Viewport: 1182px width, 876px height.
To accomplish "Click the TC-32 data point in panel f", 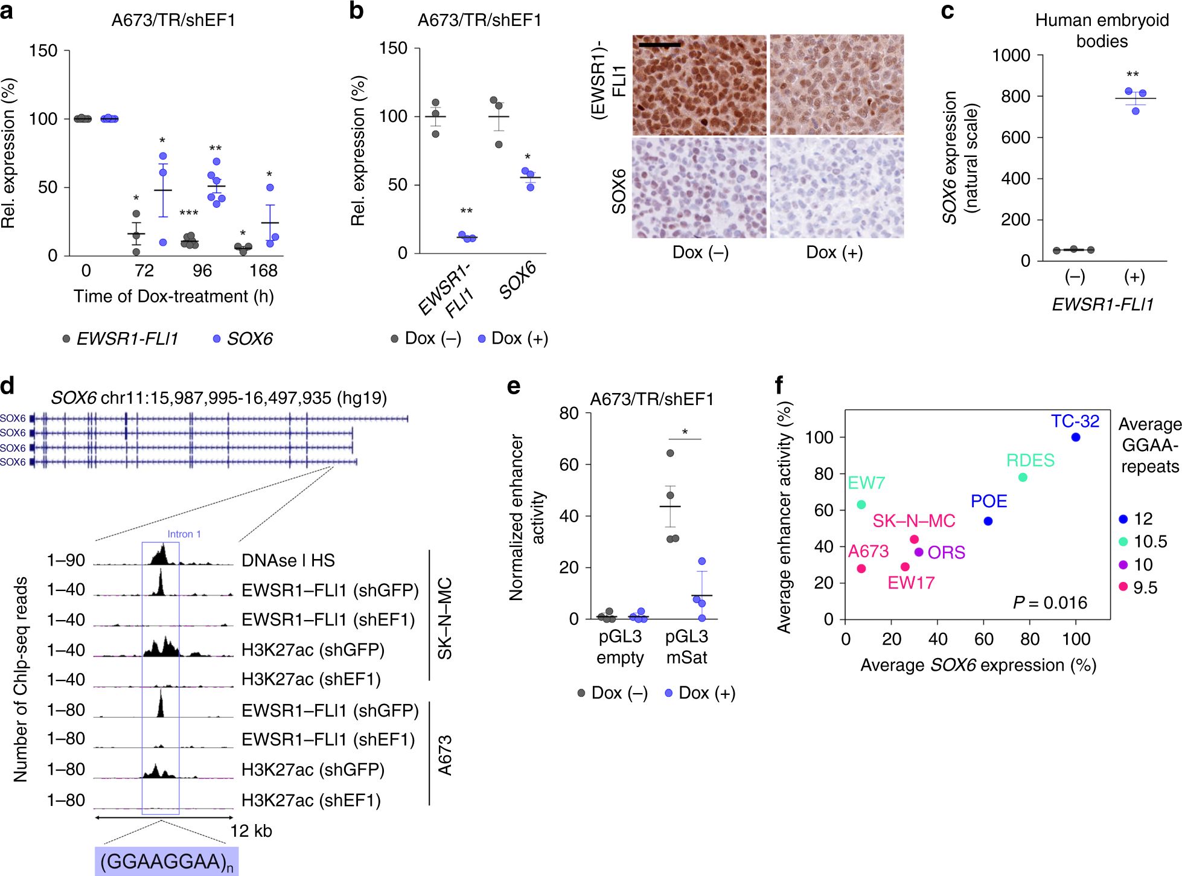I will click(x=1075, y=437).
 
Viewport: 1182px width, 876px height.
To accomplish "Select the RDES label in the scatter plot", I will click(x=1030, y=460).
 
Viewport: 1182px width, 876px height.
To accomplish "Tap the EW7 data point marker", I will click(x=861, y=504).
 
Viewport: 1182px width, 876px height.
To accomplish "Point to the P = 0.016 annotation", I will click(x=1050, y=603).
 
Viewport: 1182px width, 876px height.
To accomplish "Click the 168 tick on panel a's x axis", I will click(x=263, y=270).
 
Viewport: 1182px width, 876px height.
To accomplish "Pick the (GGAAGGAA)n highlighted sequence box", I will click(x=167, y=862).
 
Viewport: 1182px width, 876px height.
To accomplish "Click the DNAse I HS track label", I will click(x=288, y=560).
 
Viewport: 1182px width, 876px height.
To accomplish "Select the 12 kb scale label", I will click(x=251, y=831).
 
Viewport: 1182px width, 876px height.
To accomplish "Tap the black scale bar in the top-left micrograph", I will click(x=659, y=44).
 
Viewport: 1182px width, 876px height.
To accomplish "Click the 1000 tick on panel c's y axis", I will click(x=1011, y=56).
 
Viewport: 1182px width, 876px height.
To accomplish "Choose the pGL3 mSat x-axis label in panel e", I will click(x=686, y=647).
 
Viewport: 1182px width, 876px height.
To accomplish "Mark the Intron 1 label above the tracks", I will click(x=184, y=534).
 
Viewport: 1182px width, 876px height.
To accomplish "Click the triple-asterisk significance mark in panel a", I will click(x=189, y=213).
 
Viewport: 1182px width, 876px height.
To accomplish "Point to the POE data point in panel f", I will click(x=988, y=521).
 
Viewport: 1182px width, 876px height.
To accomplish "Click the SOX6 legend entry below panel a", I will click(x=243, y=339).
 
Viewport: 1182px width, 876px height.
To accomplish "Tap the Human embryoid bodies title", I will click(x=1102, y=30).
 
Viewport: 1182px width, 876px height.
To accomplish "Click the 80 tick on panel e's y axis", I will click(x=569, y=414).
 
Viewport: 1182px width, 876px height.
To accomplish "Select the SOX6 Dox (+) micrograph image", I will click(x=836, y=188).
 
